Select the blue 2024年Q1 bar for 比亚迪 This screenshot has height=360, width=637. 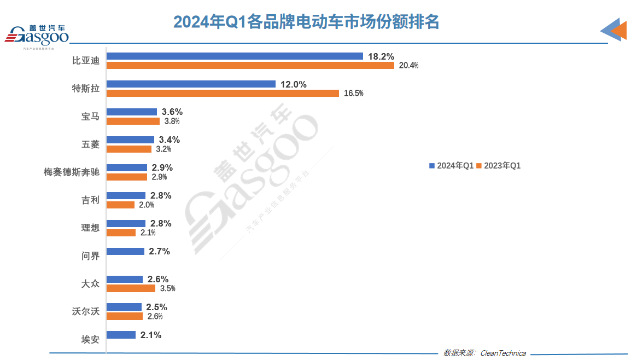tap(235, 56)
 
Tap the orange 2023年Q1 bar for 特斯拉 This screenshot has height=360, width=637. tap(223, 93)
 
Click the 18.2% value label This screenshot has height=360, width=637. tap(381, 56)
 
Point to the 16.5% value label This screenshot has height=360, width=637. tap(353, 94)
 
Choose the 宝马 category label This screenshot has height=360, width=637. tap(90, 116)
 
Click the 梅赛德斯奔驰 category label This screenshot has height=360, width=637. tap(72, 172)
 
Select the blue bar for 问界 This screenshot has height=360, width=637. tap(125, 251)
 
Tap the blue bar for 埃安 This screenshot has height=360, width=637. tap(121, 335)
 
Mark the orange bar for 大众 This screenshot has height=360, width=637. tap(131, 288)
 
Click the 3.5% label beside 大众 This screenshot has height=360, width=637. tap(167, 288)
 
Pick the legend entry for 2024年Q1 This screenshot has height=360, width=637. tap(451, 165)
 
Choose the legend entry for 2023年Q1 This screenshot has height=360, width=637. tap(499, 165)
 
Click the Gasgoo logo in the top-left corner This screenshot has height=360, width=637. tap(37, 36)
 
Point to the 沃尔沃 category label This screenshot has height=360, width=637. tap(86, 311)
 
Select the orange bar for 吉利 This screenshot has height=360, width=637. tap(120, 205)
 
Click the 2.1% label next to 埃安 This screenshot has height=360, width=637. tap(151, 335)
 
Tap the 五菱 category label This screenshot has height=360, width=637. tap(90, 144)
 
